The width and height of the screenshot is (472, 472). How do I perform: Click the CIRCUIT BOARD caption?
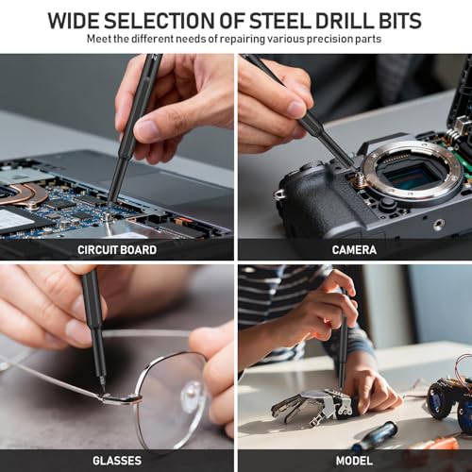click(x=117, y=250)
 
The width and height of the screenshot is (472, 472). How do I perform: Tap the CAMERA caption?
click(x=354, y=250)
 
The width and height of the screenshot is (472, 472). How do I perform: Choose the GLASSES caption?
click(x=117, y=461)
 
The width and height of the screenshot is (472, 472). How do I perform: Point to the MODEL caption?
click(x=354, y=461)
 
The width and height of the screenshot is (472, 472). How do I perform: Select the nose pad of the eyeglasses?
click(x=192, y=391)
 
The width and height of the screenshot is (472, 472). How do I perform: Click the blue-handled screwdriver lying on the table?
click(x=375, y=436)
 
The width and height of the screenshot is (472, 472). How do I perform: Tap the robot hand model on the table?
click(x=314, y=406)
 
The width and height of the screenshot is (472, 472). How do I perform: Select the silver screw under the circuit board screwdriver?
click(x=108, y=216)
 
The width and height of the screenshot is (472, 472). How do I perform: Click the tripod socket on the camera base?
click(x=439, y=224)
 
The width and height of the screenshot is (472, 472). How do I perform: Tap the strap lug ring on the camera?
click(x=279, y=194)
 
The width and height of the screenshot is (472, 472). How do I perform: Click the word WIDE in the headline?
click(x=74, y=21)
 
